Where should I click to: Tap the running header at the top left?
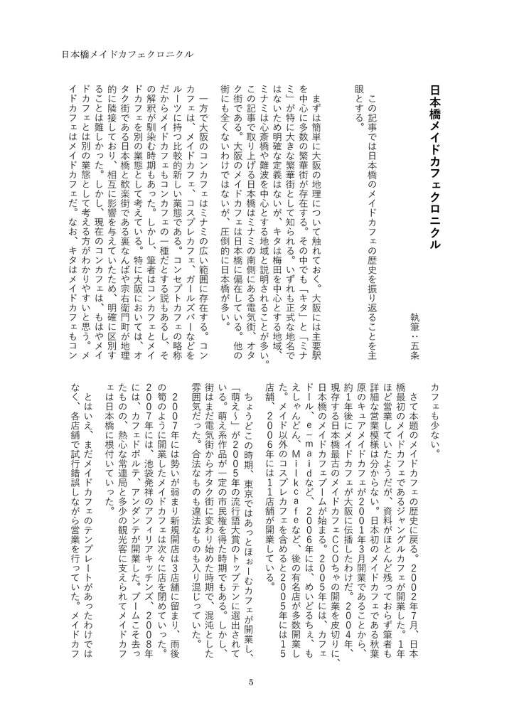(128, 53)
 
